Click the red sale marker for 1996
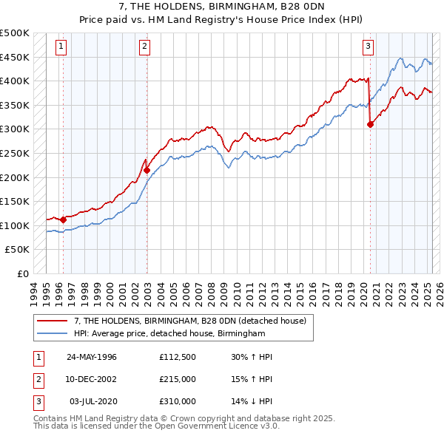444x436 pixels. (63, 219)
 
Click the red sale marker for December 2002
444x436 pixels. (147, 170)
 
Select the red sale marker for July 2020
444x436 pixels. (370, 124)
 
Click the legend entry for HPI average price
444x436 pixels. (169, 334)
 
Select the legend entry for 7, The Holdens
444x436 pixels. (195, 320)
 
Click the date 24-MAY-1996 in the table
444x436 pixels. (92, 357)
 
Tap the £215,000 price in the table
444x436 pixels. (177, 379)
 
